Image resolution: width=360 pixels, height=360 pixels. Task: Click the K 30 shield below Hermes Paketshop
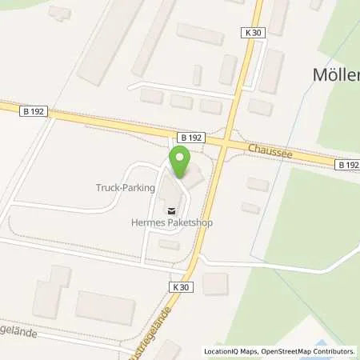point(181,286)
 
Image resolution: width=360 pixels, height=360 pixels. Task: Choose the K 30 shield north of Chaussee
point(251,30)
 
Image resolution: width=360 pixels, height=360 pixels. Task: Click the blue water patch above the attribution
point(336,327)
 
